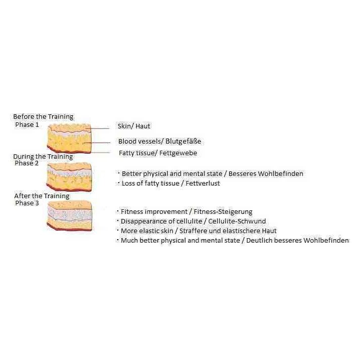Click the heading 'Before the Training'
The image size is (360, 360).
pos(43,117)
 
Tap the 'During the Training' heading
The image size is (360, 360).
pos(43,157)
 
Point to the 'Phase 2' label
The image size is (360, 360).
pos(27,163)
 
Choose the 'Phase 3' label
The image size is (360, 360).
pos(27,203)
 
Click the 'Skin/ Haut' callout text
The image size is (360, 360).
pos(134,126)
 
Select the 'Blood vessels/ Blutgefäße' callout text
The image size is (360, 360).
pos(159,142)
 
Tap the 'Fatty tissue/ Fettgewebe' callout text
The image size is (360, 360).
pos(158,153)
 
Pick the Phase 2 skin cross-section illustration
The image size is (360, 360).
pos(69,176)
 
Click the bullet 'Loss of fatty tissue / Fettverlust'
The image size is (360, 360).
pos(171,184)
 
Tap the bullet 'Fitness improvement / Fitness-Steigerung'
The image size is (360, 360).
pos(186,212)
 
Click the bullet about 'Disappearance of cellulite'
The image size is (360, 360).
pos(193,221)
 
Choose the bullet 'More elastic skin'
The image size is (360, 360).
pos(198,231)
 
